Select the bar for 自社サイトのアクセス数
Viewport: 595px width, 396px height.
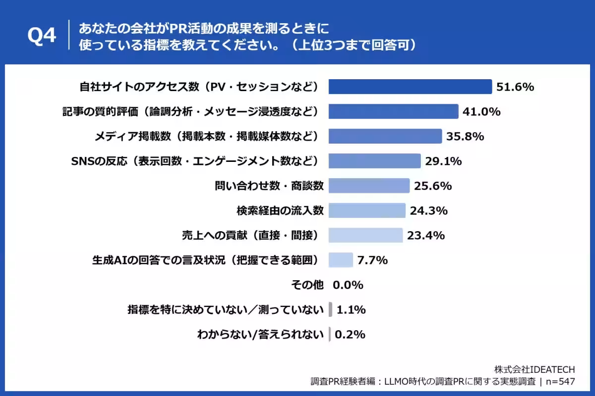[410, 87]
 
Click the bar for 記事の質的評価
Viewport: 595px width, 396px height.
[393, 112]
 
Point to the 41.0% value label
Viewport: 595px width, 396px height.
[481, 112]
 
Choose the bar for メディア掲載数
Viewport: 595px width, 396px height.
[385, 136]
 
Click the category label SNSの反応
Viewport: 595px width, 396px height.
[198, 161]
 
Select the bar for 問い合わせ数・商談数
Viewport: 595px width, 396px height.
[369, 186]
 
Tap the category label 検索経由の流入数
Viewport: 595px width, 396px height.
[280, 210]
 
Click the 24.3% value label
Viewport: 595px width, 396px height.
[429, 210]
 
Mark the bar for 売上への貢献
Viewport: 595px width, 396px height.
[365, 235]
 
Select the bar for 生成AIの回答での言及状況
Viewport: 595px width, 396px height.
[341, 260]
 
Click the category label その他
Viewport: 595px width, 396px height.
[307, 285]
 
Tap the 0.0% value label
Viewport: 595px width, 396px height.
[348, 285]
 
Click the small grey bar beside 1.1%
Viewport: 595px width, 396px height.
[330, 310]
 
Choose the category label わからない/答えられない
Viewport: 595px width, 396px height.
[260, 335]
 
